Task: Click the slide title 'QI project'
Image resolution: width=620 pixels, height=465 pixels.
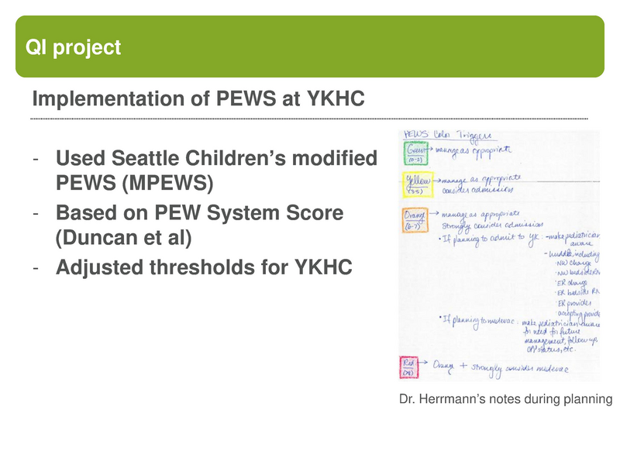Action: [74, 48]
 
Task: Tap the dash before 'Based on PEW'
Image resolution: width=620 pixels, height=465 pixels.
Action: [36, 212]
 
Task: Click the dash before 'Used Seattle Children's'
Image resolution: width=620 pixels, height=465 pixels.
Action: [36, 160]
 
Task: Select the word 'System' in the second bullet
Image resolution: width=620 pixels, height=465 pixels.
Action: [250, 212]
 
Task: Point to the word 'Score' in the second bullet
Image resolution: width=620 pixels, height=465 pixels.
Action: [317, 212]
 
